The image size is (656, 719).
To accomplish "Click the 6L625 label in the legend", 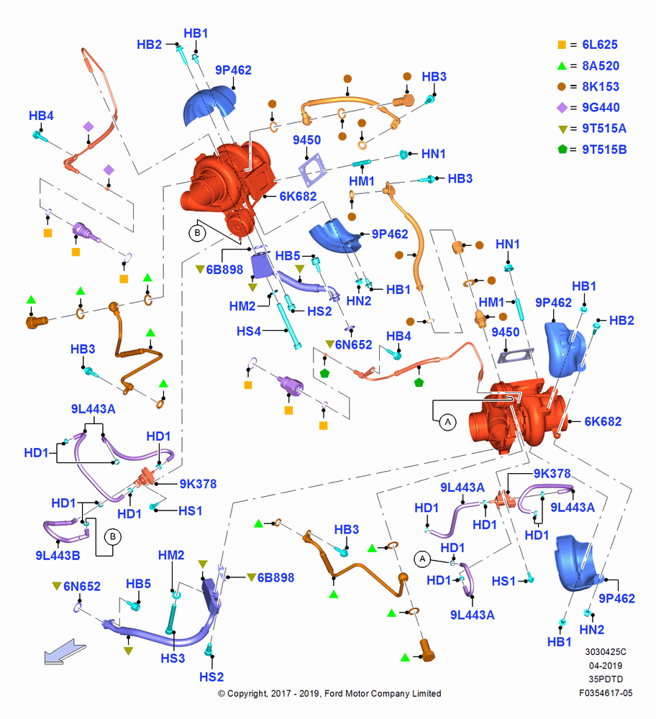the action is (600, 45).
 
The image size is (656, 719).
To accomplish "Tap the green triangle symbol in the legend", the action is (562, 65).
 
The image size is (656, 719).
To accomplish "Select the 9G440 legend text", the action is (601, 107).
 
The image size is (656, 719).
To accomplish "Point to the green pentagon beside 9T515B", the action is (562, 149).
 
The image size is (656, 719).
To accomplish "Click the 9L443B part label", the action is (58, 555).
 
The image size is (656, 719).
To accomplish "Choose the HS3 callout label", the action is (173, 658).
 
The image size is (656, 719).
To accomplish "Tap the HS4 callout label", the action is (249, 331).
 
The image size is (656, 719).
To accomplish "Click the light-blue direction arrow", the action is (65, 651).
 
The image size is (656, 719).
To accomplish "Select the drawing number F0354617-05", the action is (606, 693).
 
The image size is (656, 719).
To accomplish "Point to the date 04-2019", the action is (606, 665).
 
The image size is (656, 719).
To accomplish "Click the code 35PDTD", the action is (606, 679).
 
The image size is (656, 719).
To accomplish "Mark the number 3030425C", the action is (606, 651).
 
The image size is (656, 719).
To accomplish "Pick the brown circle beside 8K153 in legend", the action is (562, 87).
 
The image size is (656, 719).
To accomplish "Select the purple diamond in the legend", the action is (562, 108).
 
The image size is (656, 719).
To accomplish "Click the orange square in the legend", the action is (562, 45).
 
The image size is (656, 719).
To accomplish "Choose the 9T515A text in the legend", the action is (604, 129).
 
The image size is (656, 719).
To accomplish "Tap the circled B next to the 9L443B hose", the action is (113, 536).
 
